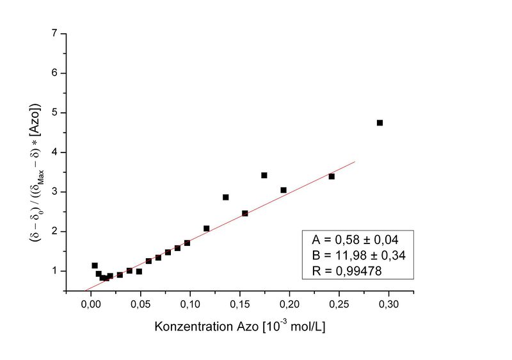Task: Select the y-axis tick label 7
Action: click(56, 33)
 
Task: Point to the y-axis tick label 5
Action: click(56, 113)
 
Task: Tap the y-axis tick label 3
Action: click(56, 192)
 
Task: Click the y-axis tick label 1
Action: click(56, 271)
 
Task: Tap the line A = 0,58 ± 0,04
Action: click(355, 240)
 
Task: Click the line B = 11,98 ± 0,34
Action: click(358, 255)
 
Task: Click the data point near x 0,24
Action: click(332, 176)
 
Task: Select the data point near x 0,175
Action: click(264, 175)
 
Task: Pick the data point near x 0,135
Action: click(225, 197)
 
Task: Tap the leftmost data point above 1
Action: click(95, 265)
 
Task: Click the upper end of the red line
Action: click(354, 161)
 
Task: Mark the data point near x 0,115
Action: click(206, 228)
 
